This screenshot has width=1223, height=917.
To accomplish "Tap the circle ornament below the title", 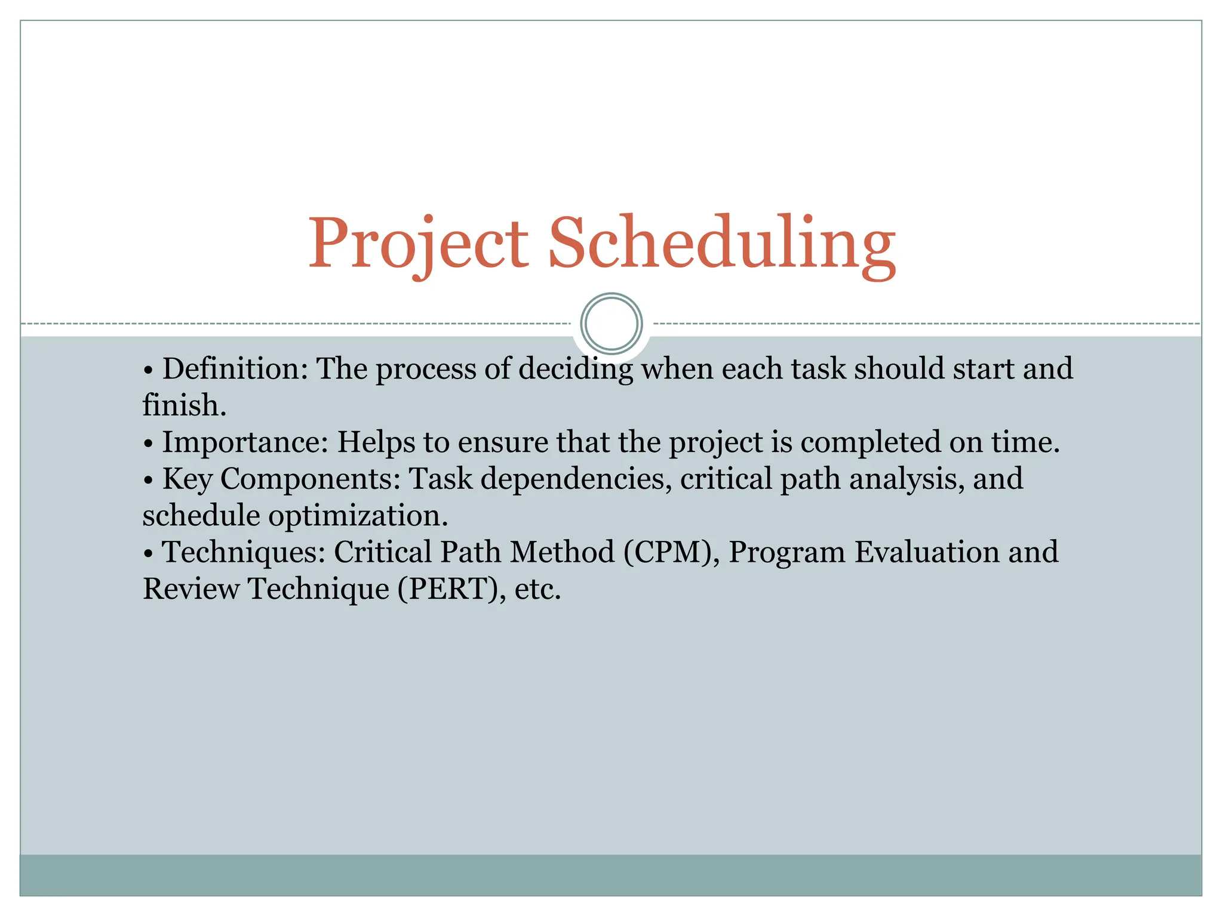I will click(611, 324).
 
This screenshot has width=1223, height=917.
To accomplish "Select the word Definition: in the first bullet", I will click(235, 368).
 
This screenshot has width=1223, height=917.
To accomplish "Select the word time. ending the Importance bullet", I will click(1026, 442).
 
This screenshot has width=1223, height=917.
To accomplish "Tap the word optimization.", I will click(358, 516).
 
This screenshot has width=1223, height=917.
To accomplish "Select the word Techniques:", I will click(244, 552).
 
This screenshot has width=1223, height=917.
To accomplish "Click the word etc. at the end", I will click(538, 589).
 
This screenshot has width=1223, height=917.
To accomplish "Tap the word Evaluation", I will click(927, 552).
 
